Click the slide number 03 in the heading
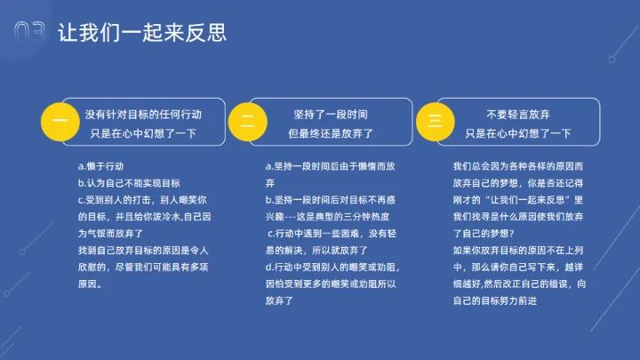pyautogui.click(x=30, y=33)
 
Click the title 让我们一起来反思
pyautogui.click(x=142, y=34)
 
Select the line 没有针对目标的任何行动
pyautogui.click(x=143, y=115)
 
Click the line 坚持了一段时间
pyautogui.click(x=330, y=115)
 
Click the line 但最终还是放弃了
pyautogui.click(x=330, y=133)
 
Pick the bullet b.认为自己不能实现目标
pyautogui.click(x=129, y=183)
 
